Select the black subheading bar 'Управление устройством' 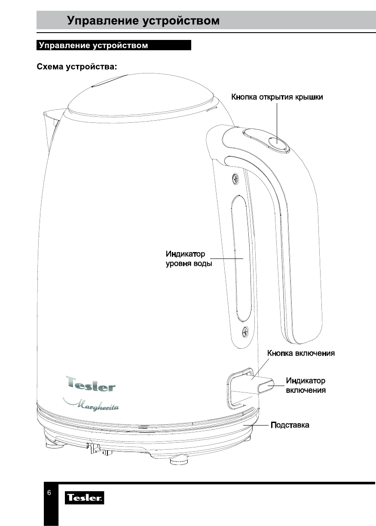[113, 46]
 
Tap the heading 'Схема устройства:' [77, 67]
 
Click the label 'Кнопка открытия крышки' [277, 97]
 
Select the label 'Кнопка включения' [301, 353]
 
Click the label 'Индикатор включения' [306, 386]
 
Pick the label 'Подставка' [289, 425]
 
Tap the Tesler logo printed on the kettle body [91, 383]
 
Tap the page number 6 [49, 492]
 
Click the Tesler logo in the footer [84, 499]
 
